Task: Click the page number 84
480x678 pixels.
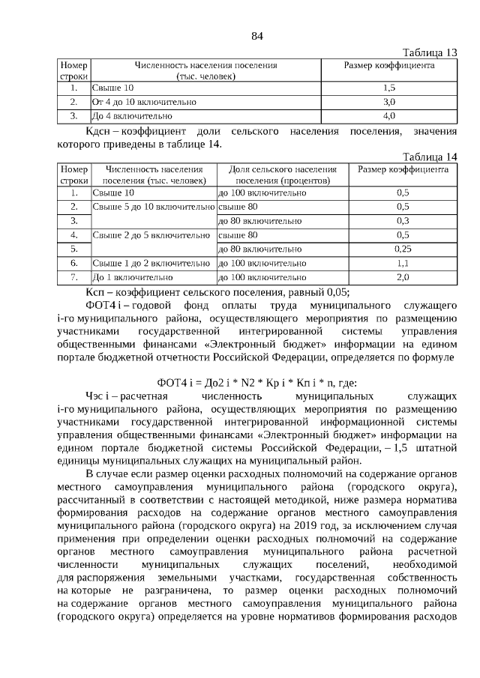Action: pyautogui.click(x=256, y=36)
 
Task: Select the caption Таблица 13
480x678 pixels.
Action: pyautogui.click(x=430, y=52)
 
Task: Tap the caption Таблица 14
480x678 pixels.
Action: pyautogui.click(x=430, y=157)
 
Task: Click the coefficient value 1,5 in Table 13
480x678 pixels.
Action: pyautogui.click(x=388, y=88)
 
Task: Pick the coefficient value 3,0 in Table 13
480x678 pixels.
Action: pyautogui.click(x=388, y=102)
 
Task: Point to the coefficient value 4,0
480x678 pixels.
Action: pyautogui.click(x=388, y=116)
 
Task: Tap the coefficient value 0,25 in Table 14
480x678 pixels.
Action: pyautogui.click(x=403, y=249)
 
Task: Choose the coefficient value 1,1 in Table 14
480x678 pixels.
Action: pyautogui.click(x=403, y=263)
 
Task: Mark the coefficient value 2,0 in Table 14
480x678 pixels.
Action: pyautogui.click(x=403, y=277)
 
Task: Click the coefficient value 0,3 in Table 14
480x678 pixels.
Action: pyautogui.click(x=403, y=221)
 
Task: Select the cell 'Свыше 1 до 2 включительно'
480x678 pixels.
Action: pyautogui.click(x=151, y=263)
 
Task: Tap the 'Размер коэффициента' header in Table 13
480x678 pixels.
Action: pyautogui.click(x=388, y=66)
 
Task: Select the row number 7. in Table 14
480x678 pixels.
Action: pyautogui.click(x=74, y=277)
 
